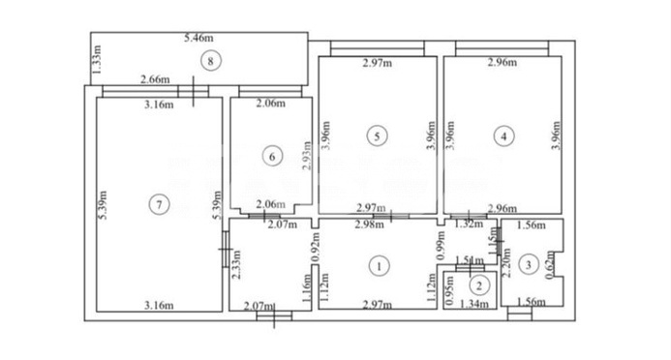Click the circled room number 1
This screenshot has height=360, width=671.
pyautogui.click(x=381, y=263)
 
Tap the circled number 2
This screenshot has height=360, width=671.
pyautogui.click(x=478, y=285)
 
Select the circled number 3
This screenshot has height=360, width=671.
pyautogui.click(x=528, y=262)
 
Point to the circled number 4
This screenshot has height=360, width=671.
pyautogui.click(x=503, y=136)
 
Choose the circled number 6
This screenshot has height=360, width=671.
pyautogui.click(x=272, y=155)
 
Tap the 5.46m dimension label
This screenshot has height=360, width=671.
pyautogui.click(x=199, y=40)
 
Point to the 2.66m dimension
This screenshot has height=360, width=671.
pyautogui.click(x=155, y=80)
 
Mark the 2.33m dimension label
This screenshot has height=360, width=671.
pyautogui.click(x=236, y=263)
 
